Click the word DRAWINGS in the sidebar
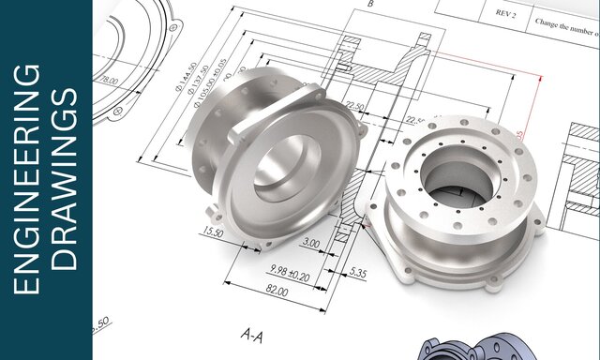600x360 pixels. pos(66,180)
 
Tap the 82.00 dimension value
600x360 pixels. pos(277,292)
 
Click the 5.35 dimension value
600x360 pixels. pos(357,272)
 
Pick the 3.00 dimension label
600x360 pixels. pos(310,244)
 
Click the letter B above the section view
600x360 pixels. pos(370,5)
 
